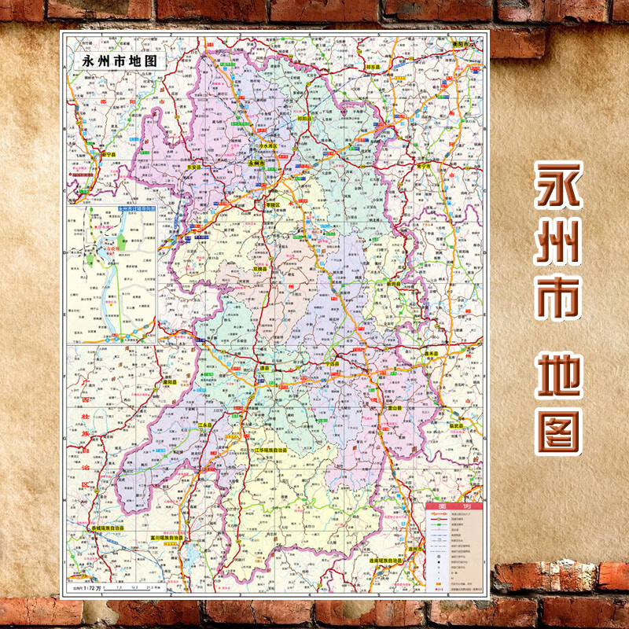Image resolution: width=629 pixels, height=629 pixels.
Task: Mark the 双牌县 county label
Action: pyautogui.click(x=260, y=268)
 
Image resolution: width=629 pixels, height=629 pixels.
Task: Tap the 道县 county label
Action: pyautogui.click(x=266, y=366)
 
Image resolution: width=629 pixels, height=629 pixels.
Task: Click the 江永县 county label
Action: pyautogui.click(x=207, y=425)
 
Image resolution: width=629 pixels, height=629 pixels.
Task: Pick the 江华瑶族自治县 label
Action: pyautogui.click(x=270, y=451)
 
